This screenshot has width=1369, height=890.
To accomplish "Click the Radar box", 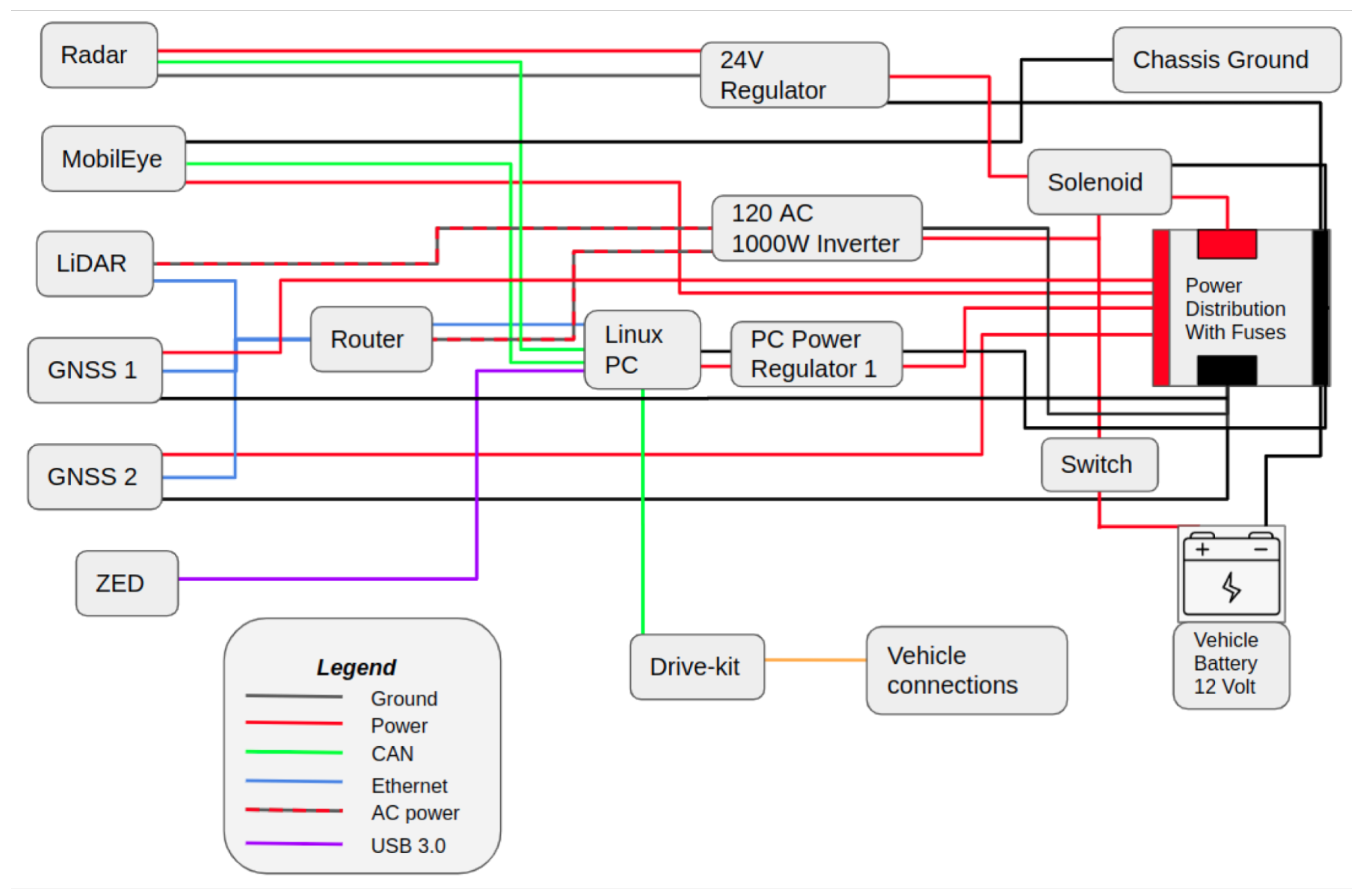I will [x=98, y=55].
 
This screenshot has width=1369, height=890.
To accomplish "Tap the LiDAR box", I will [x=94, y=264].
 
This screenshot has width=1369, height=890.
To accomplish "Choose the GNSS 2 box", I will [x=94, y=477].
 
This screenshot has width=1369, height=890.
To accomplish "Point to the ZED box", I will [x=127, y=583].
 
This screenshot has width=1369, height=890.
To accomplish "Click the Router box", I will [x=371, y=339].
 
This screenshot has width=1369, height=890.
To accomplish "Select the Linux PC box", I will [x=642, y=350].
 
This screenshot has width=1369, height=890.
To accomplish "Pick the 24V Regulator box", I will [x=794, y=75].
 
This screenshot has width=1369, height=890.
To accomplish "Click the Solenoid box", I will [x=1099, y=182].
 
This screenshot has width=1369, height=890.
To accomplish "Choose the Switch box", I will [x=1099, y=465].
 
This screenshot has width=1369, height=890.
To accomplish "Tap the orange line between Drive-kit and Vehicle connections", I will [x=815, y=660].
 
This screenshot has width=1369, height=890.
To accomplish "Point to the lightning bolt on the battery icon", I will [x=1231, y=587].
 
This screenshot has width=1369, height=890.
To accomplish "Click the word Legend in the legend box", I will [x=356, y=667].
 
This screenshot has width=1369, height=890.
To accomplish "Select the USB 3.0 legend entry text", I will [x=408, y=846].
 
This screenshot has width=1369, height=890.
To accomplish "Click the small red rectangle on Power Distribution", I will [x=1227, y=244].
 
